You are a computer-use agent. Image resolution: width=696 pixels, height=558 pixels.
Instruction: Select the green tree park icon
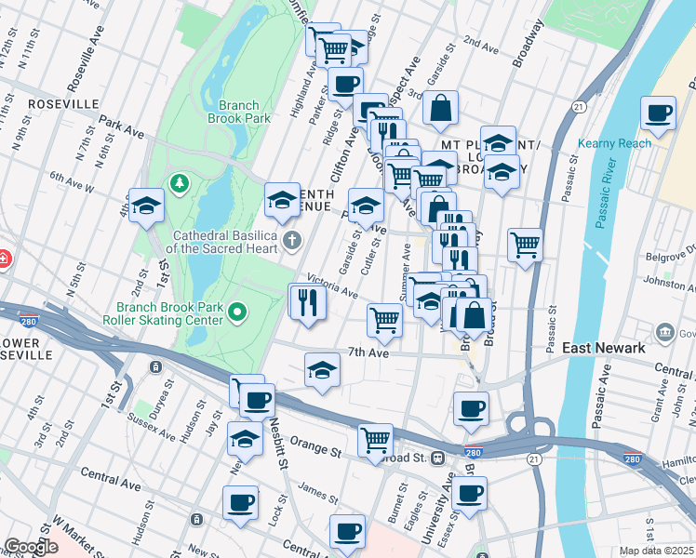[x=176, y=182]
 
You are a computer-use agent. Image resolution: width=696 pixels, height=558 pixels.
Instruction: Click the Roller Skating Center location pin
[x=237, y=312]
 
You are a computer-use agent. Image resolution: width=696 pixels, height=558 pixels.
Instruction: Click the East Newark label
[x=605, y=348]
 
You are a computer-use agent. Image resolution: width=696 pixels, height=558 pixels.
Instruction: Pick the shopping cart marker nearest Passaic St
[x=526, y=246]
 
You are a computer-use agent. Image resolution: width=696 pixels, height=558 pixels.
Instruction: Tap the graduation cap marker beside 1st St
[x=146, y=206]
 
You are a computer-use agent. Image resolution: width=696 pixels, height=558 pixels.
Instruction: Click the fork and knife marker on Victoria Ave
[x=307, y=301]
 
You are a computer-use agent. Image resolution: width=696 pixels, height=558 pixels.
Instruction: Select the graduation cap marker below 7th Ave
[x=322, y=370]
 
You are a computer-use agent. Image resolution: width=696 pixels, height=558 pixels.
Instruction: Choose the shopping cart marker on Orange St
[x=375, y=440]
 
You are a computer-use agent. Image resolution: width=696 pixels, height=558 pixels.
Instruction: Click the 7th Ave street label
[x=367, y=352]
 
